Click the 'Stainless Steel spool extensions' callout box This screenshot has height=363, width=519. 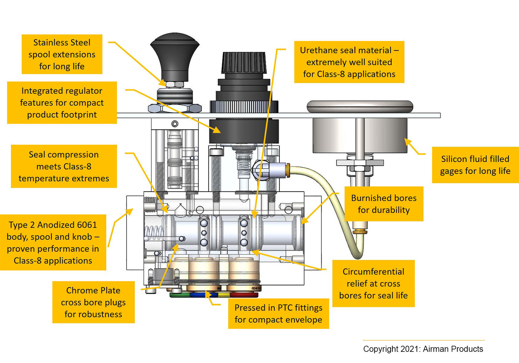tap(62, 54)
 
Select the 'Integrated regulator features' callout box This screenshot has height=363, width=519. tap(62, 103)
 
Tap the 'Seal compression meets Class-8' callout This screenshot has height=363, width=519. tap(64, 166)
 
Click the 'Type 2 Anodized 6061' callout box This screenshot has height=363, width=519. tap(53, 242)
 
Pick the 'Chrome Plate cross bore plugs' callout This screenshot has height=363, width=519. tap(93, 302)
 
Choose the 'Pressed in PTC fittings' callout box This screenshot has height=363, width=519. tap(278, 313)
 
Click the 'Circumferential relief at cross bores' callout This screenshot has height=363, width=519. tap(373, 283)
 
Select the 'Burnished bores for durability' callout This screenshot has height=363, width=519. tap(384, 204)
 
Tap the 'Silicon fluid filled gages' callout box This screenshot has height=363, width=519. tap(475, 165)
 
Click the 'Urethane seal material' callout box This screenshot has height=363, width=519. tap(349, 62)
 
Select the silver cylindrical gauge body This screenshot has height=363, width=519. tap(359, 135)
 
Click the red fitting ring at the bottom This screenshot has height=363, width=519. tap(244, 295)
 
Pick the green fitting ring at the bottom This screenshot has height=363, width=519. tap(179, 295)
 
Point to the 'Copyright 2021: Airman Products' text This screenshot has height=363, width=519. tap(423, 349)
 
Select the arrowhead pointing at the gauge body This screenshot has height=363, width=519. tap(408, 142)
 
